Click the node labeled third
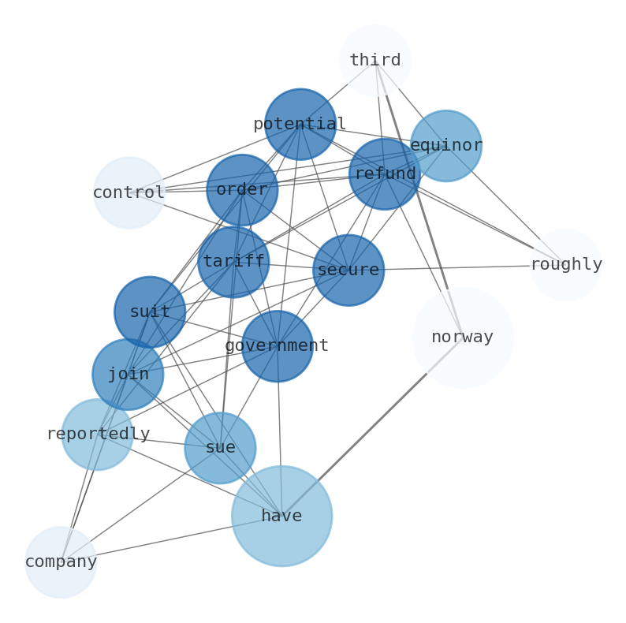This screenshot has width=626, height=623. (x=375, y=61)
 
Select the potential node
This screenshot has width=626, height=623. (x=300, y=125)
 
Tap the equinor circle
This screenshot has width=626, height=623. (x=446, y=146)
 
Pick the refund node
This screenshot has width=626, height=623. (x=385, y=174)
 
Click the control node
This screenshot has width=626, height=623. (x=129, y=192)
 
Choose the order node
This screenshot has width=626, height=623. (x=242, y=190)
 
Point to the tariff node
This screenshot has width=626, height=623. (x=233, y=262)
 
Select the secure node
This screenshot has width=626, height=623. (x=348, y=270)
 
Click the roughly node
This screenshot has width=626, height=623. (x=565, y=265)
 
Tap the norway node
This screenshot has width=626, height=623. (x=463, y=338)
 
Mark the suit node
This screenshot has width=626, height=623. (x=150, y=312)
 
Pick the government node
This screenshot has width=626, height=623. (x=277, y=346)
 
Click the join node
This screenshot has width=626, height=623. (x=128, y=375)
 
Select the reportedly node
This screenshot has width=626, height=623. (x=97, y=435)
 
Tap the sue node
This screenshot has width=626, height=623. (x=220, y=448)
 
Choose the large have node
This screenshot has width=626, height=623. (x=281, y=517)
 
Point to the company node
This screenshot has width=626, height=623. (x=61, y=562)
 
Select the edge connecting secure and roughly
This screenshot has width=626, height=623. (x=457, y=268)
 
